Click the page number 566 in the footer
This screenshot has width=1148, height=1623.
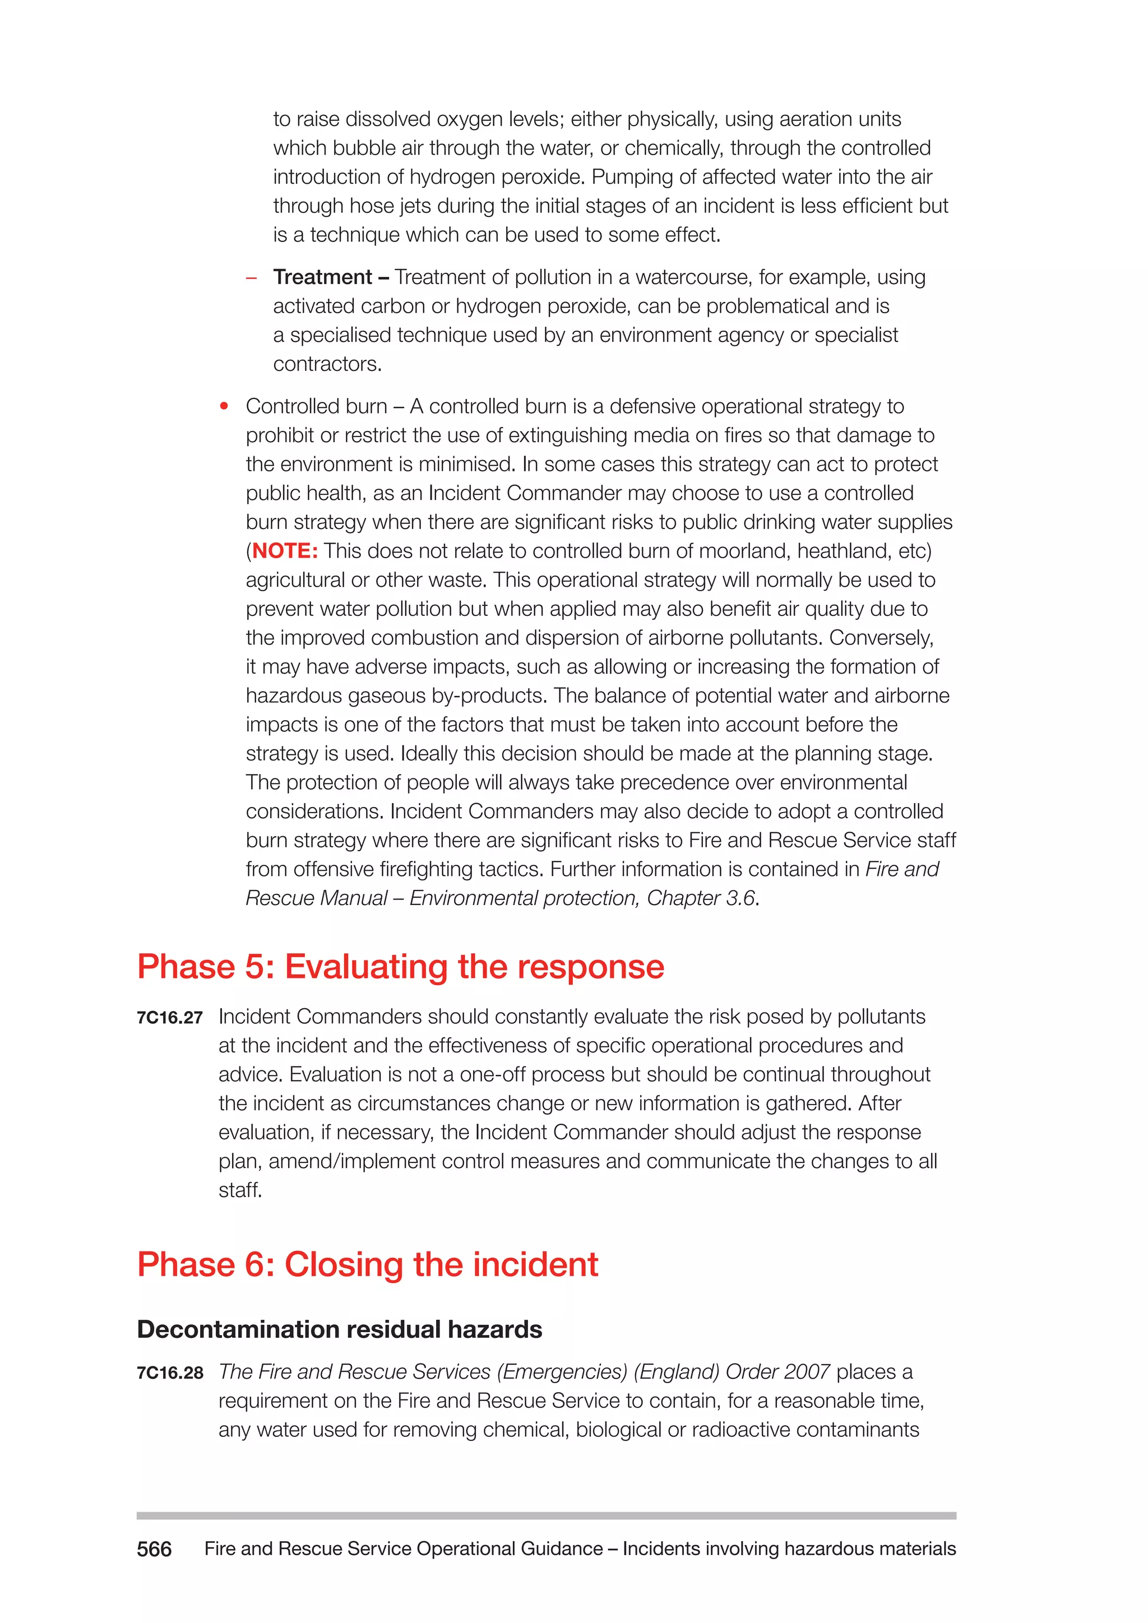tap(154, 1549)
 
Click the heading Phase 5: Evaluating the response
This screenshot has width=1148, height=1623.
tap(400, 966)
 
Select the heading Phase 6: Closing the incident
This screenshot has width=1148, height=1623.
tap(367, 1265)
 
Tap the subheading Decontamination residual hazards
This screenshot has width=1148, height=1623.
tap(339, 1330)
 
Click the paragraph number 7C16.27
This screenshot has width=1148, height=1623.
tap(170, 1018)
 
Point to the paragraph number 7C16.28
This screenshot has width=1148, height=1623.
tap(170, 1372)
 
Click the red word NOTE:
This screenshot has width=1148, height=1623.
tap(285, 551)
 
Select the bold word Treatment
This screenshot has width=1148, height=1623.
tap(322, 277)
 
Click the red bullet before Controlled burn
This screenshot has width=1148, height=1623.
tap(224, 406)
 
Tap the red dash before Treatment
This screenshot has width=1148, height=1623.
tap(251, 278)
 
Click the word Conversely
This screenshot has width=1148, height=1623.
tap(881, 638)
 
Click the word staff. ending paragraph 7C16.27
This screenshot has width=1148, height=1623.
tap(240, 1190)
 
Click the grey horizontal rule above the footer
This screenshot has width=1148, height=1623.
tap(546, 1515)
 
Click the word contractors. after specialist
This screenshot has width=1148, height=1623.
tap(327, 364)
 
